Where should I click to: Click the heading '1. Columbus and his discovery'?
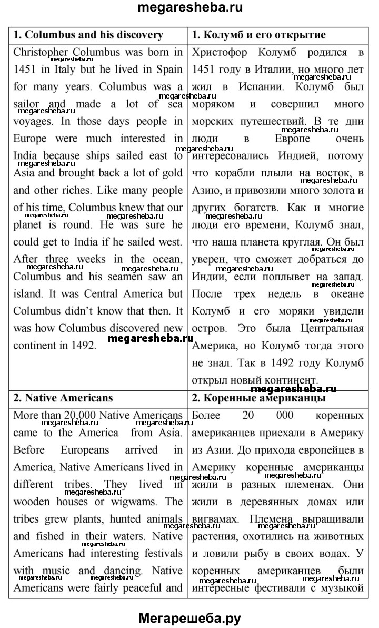click(88, 35)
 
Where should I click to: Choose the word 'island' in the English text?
click(28, 294)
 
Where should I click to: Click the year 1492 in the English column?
click(84, 346)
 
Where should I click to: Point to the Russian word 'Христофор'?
click(221, 52)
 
